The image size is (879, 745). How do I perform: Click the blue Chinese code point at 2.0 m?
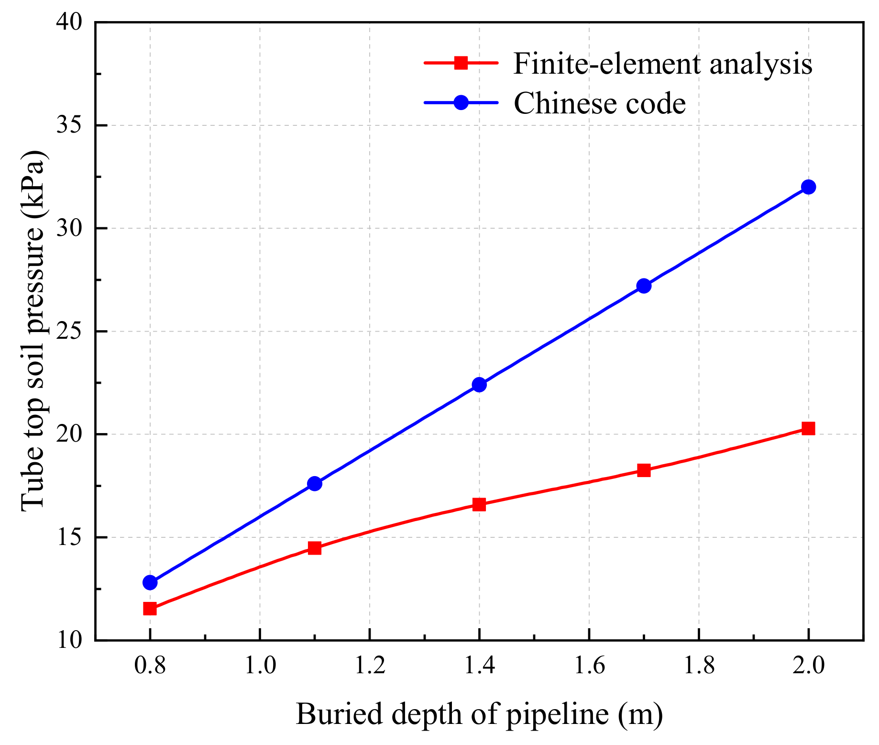click(x=808, y=187)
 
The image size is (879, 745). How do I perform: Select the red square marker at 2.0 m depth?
click(x=808, y=428)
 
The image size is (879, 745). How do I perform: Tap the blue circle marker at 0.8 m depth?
click(x=150, y=582)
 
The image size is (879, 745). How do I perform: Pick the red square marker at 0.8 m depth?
click(x=150, y=609)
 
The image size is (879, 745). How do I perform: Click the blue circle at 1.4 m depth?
click(x=479, y=385)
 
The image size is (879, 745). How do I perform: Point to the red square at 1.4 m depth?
click(x=479, y=504)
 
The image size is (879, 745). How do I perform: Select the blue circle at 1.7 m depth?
click(x=644, y=286)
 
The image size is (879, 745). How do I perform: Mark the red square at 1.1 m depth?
click(x=314, y=548)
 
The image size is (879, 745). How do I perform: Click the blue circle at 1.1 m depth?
click(x=314, y=483)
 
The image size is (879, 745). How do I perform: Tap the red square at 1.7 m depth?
click(x=644, y=470)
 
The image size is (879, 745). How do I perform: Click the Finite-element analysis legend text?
click(x=662, y=64)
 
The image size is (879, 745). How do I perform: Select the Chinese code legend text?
click(x=600, y=103)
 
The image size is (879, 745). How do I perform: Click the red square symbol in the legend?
click(x=461, y=63)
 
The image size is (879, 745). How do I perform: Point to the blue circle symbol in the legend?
click(x=461, y=102)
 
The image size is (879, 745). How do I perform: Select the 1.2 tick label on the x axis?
click(x=370, y=666)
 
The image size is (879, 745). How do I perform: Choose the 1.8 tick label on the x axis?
click(x=699, y=666)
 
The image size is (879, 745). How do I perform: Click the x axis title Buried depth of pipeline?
click(x=479, y=714)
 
